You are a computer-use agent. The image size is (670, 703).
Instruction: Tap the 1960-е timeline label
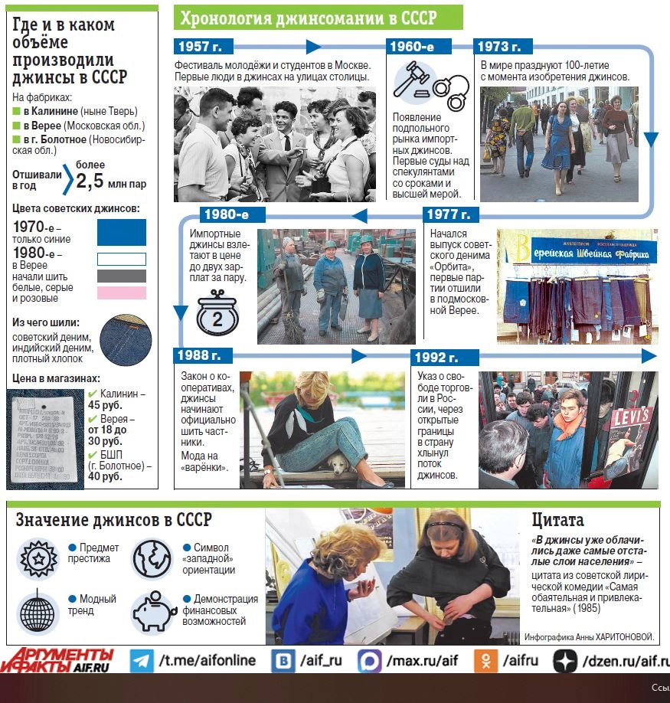412,46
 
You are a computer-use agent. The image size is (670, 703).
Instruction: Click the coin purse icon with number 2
217,316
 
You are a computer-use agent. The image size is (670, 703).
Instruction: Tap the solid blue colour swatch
121,232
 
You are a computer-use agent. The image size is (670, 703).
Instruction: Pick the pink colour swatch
121,293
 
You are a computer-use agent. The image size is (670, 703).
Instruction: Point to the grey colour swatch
121,276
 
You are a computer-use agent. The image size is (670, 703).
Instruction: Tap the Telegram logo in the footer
142,660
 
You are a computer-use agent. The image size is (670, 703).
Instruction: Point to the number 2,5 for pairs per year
89,181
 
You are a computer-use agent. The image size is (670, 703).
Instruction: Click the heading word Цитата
557,520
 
